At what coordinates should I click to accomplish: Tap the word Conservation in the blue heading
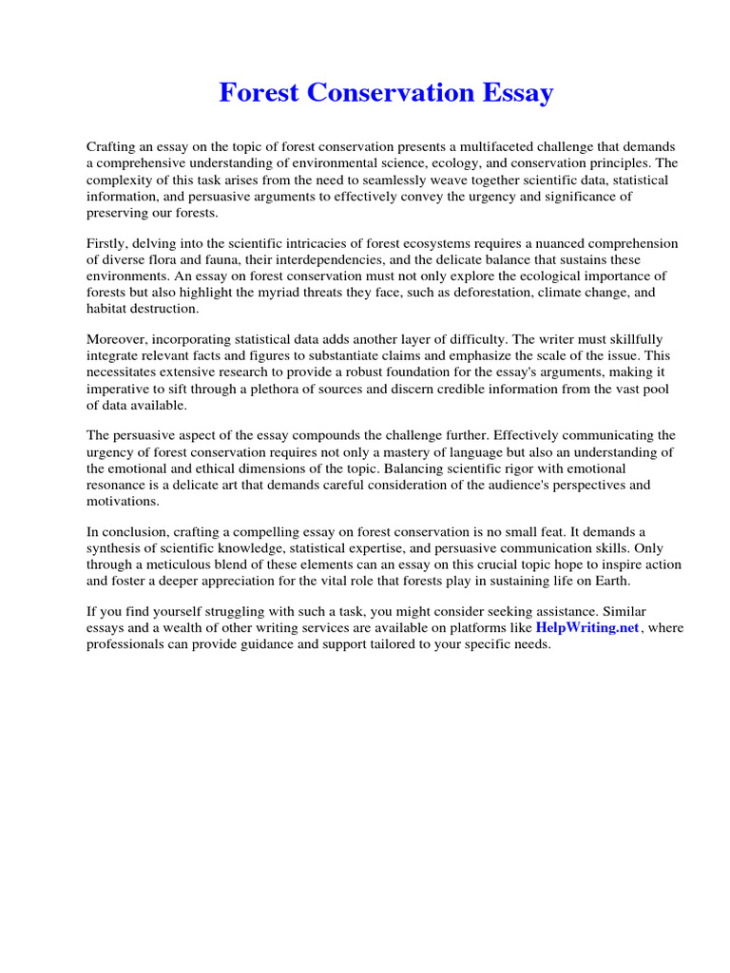click(380, 93)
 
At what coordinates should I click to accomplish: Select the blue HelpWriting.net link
click(586, 628)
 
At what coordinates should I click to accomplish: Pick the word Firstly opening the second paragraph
click(109, 243)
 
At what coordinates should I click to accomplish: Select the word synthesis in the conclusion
click(118, 548)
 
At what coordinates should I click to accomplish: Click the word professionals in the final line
click(125, 644)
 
